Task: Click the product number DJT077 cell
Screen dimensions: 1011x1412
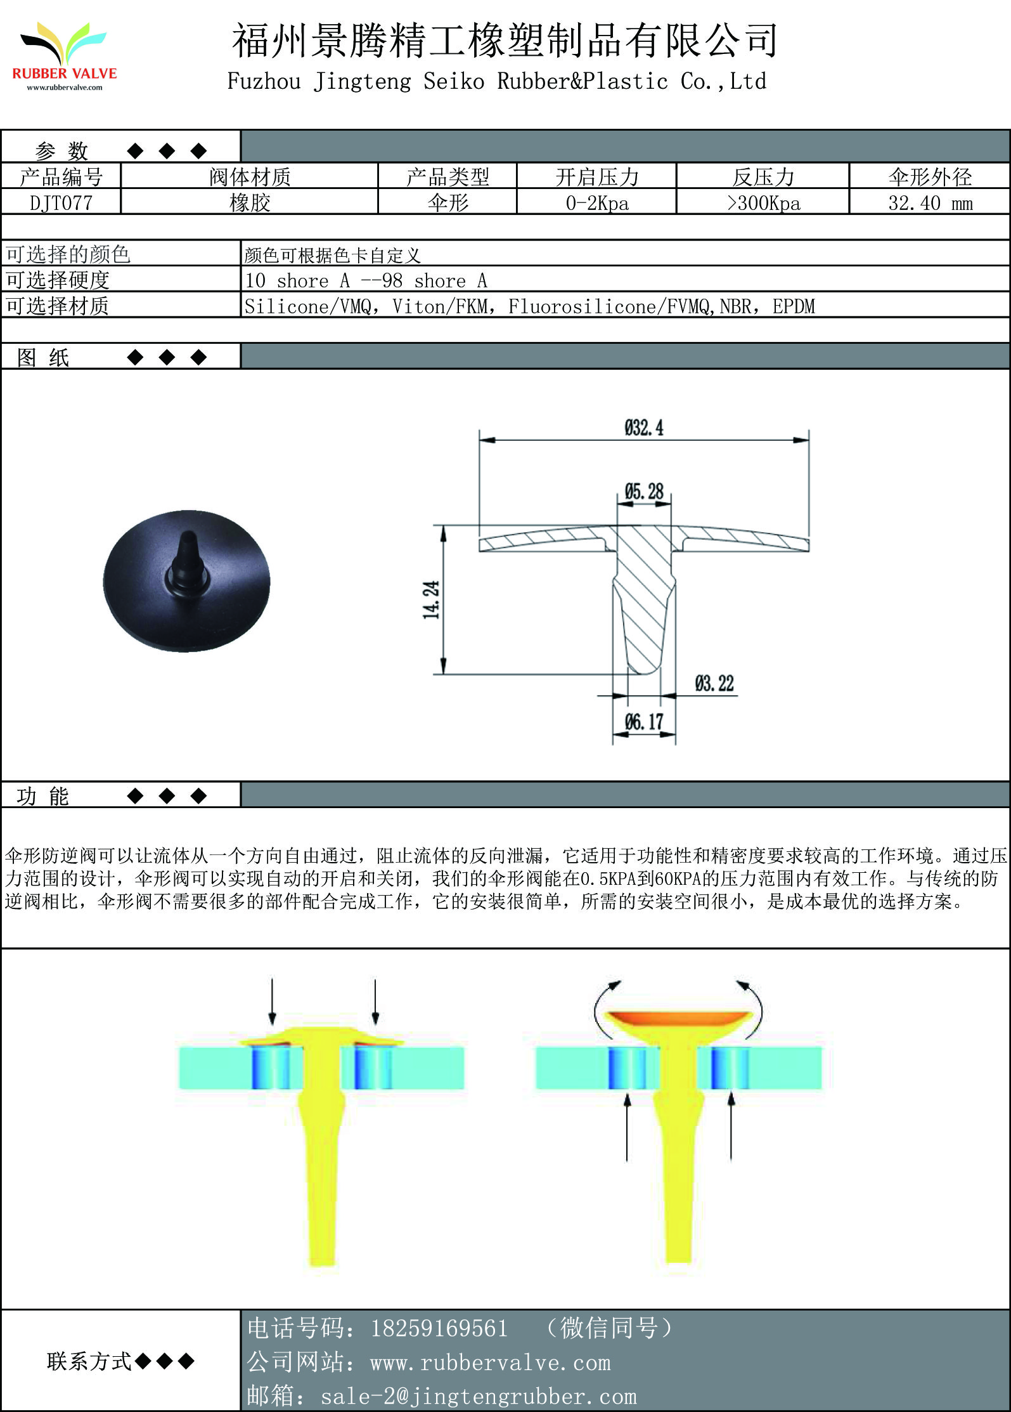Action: click(x=61, y=203)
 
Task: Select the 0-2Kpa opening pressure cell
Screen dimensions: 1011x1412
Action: click(x=597, y=203)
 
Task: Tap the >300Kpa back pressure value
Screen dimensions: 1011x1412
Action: click(x=763, y=203)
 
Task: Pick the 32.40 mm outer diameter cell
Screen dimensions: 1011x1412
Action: click(x=930, y=203)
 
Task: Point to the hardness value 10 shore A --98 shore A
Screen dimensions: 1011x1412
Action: click(x=366, y=280)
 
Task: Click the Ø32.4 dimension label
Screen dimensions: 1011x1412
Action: click(x=644, y=428)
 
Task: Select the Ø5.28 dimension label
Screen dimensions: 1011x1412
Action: click(x=644, y=491)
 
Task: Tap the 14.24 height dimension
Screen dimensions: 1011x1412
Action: click(x=431, y=599)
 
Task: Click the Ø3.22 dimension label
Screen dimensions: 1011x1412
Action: click(x=714, y=683)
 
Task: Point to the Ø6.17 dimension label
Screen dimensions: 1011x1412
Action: click(x=644, y=721)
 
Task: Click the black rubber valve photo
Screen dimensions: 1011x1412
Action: click(x=186, y=580)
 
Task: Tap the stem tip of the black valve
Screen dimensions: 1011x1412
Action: click(x=188, y=535)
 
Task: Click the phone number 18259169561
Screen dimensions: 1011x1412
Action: click(x=439, y=1328)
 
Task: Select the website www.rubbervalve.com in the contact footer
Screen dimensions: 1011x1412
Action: click(x=491, y=1363)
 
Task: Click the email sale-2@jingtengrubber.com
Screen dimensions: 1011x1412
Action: click(x=479, y=1396)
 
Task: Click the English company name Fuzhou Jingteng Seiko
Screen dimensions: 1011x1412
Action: click(x=356, y=81)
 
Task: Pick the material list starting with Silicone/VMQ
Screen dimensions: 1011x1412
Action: click(x=530, y=306)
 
